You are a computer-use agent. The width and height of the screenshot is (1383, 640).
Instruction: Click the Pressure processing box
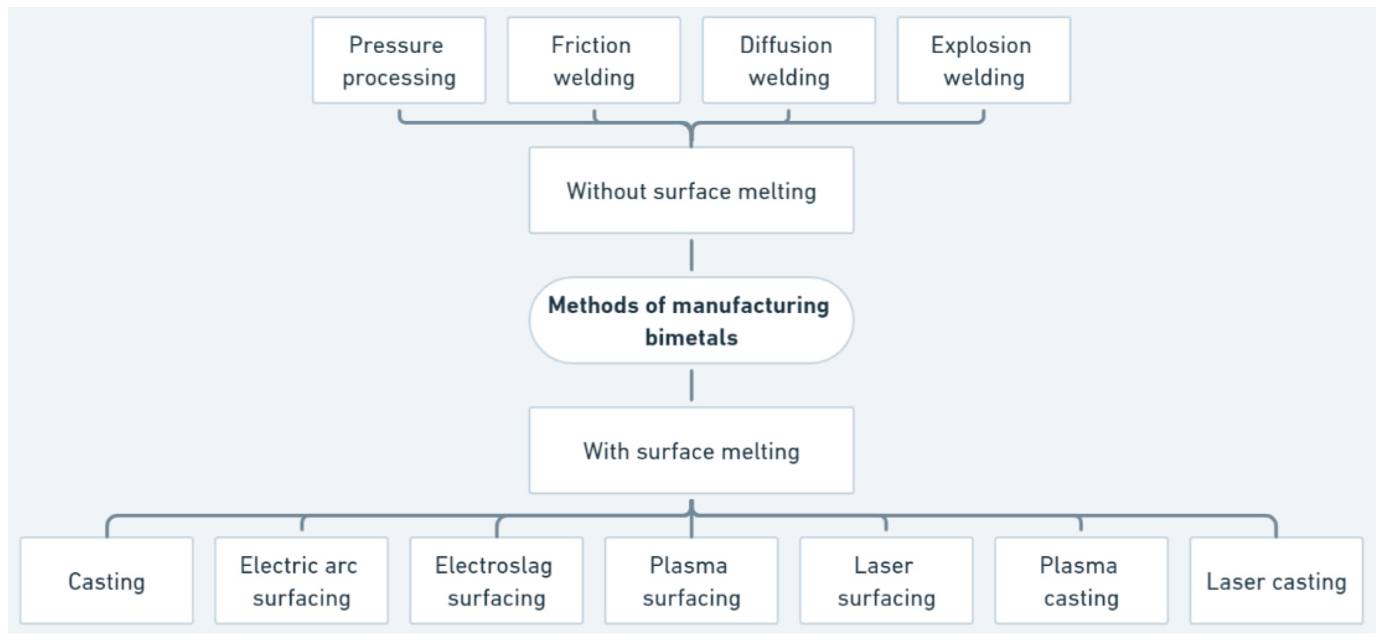click(x=399, y=60)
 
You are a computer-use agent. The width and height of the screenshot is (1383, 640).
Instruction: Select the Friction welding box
click(x=594, y=60)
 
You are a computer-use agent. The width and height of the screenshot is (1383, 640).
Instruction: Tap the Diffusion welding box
click(x=789, y=60)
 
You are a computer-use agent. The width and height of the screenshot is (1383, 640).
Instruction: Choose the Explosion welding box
click(x=984, y=60)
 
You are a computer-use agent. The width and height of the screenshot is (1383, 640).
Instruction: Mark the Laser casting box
click(x=1276, y=580)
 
